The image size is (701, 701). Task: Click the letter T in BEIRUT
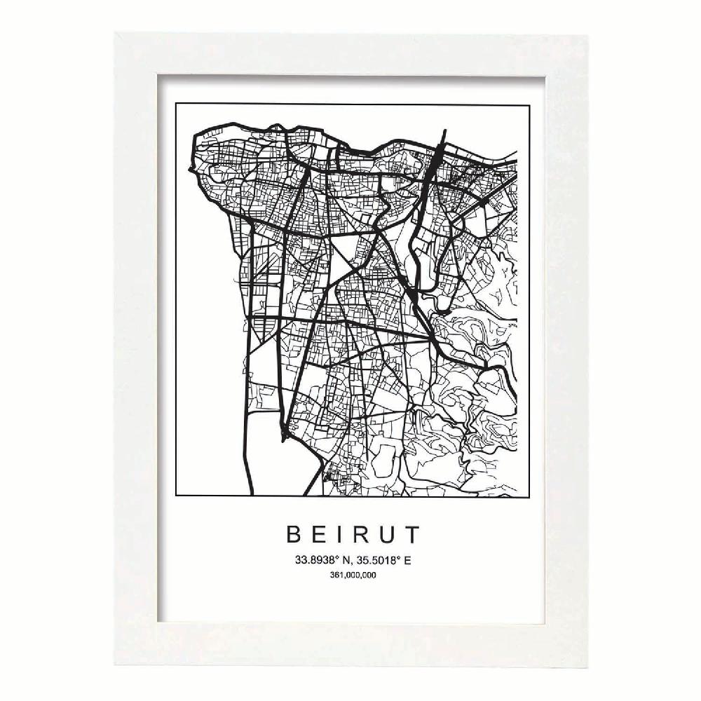pos(411,535)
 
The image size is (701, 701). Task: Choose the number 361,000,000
pos(352,576)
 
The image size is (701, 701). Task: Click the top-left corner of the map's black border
pos(176,104)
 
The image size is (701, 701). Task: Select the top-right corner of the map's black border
pos(529,104)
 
